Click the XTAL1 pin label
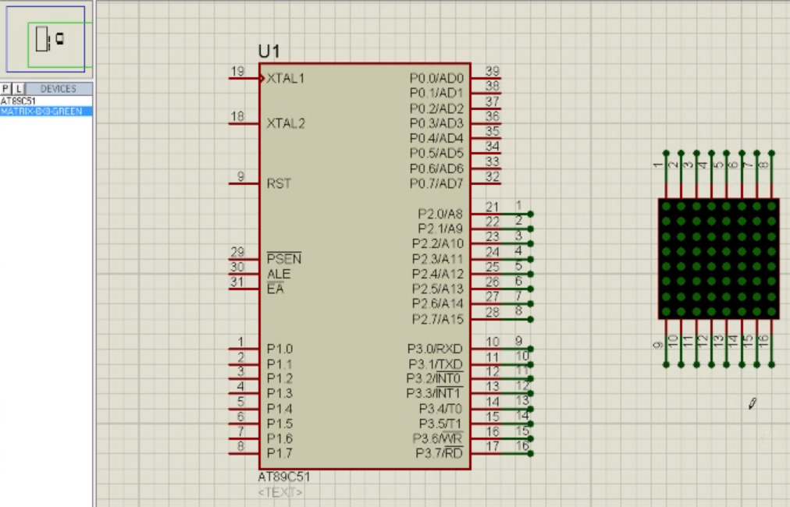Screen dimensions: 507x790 (286, 79)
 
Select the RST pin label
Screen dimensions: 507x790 (279, 184)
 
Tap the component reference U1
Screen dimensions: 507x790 (269, 51)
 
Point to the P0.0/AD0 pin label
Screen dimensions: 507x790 (436, 79)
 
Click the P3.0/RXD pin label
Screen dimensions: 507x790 (435, 349)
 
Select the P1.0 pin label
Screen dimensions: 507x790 (279, 349)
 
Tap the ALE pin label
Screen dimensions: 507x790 (278, 275)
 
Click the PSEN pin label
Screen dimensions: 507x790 (283, 259)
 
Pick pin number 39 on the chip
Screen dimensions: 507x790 (492, 72)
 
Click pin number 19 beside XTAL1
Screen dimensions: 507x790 (237, 72)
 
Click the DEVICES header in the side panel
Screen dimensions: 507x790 (59, 89)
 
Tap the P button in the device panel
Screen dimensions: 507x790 (6, 89)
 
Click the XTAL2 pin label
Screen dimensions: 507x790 (286, 123)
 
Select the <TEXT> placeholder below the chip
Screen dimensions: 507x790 (280, 492)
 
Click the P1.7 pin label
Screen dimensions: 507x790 (279, 453)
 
